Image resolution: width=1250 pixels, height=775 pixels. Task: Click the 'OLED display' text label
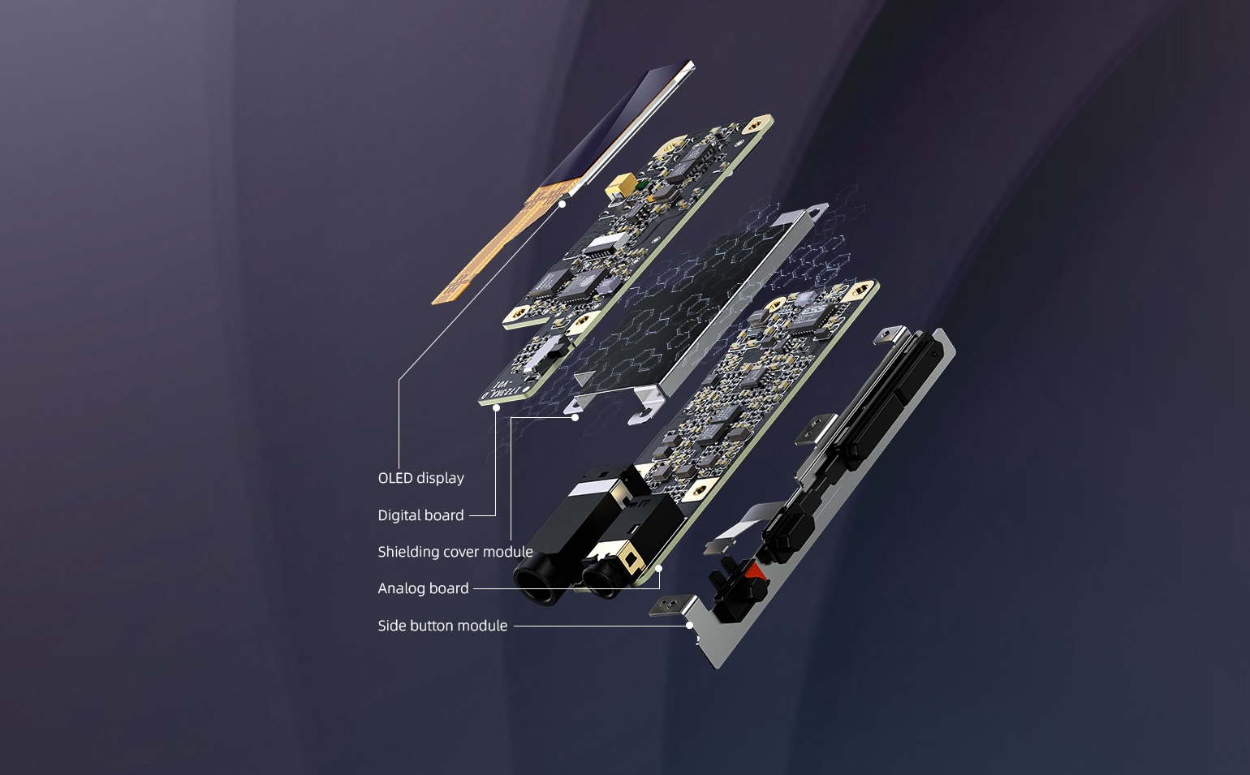point(420,478)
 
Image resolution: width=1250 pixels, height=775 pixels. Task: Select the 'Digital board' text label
point(420,515)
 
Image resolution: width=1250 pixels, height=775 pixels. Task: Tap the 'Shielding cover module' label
point(455,552)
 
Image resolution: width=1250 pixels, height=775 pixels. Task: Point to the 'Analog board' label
point(423,588)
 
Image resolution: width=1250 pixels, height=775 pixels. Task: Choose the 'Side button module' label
point(442,626)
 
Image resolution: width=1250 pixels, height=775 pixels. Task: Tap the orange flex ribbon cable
point(502,246)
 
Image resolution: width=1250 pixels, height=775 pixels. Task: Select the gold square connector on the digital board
point(623,183)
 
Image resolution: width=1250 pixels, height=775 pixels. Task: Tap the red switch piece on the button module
point(758,570)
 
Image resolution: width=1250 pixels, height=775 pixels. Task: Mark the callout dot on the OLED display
point(562,205)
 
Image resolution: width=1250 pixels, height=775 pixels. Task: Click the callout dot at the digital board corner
point(496,408)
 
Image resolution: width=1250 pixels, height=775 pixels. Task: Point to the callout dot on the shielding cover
point(575,417)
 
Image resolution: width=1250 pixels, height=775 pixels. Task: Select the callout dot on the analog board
point(659,569)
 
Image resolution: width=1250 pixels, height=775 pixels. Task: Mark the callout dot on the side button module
point(690,626)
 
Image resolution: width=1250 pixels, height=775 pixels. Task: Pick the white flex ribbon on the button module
point(742,524)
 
